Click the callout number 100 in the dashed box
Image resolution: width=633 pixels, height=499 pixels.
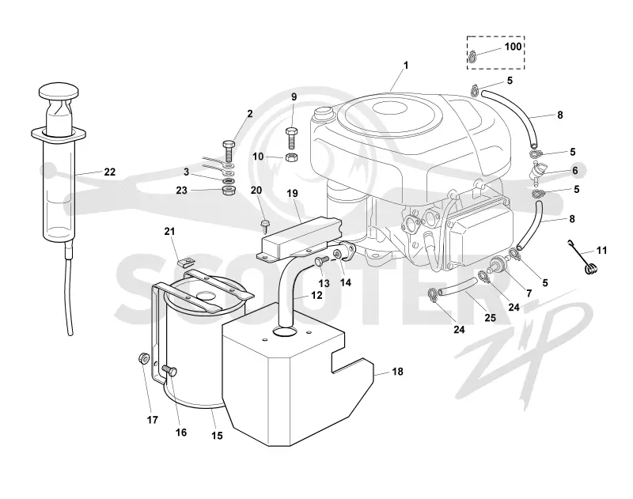pyautogui.click(x=513, y=47)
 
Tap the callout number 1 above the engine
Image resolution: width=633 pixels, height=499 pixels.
pyautogui.click(x=406, y=65)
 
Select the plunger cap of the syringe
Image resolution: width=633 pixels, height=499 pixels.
pyautogui.click(x=59, y=91)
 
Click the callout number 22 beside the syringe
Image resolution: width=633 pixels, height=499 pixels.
pyautogui.click(x=110, y=172)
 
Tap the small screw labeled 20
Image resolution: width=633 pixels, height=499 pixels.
pyautogui.click(x=266, y=225)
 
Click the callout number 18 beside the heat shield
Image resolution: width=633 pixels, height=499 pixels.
pyautogui.click(x=398, y=371)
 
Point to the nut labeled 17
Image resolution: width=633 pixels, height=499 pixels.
pyautogui.click(x=143, y=357)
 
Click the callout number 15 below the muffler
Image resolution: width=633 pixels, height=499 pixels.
pyautogui.click(x=217, y=436)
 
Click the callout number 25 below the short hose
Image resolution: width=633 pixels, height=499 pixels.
pyautogui.click(x=490, y=318)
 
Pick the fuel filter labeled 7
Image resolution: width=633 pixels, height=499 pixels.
pyautogui.click(x=499, y=264)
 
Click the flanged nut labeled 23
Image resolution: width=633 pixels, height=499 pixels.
pyautogui.click(x=228, y=190)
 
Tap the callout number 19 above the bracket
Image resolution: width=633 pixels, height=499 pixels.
pyautogui.click(x=292, y=193)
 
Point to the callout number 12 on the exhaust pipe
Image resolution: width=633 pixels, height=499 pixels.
pyautogui.click(x=317, y=295)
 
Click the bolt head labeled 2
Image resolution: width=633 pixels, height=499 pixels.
pyautogui.click(x=228, y=145)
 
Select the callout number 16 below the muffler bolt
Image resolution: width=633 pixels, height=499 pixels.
pyautogui.click(x=181, y=432)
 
